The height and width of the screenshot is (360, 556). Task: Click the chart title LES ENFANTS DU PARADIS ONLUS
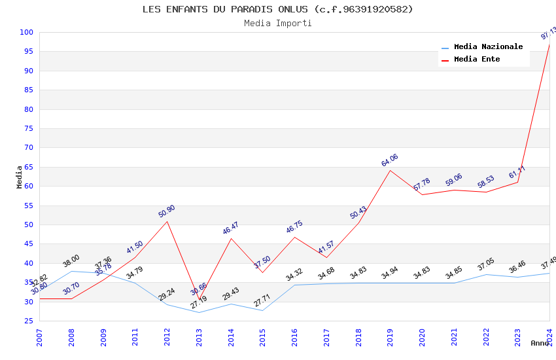(x=277, y=9)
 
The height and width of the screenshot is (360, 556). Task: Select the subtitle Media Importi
(x=277, y=23)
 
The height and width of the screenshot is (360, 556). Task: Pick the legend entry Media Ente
(x=477, y=60)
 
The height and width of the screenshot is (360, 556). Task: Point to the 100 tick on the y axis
(x=26, y=32)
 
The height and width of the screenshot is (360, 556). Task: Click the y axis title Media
(x=20, y=177)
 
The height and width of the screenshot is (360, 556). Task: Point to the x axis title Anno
(x=540, y=343)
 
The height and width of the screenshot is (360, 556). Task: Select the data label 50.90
(x=167, y=211)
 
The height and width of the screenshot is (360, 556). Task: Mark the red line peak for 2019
(x=391, y=170)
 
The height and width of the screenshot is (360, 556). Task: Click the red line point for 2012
(x=167, y=221)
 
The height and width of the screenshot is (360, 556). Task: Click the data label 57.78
(x=422, y=185)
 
